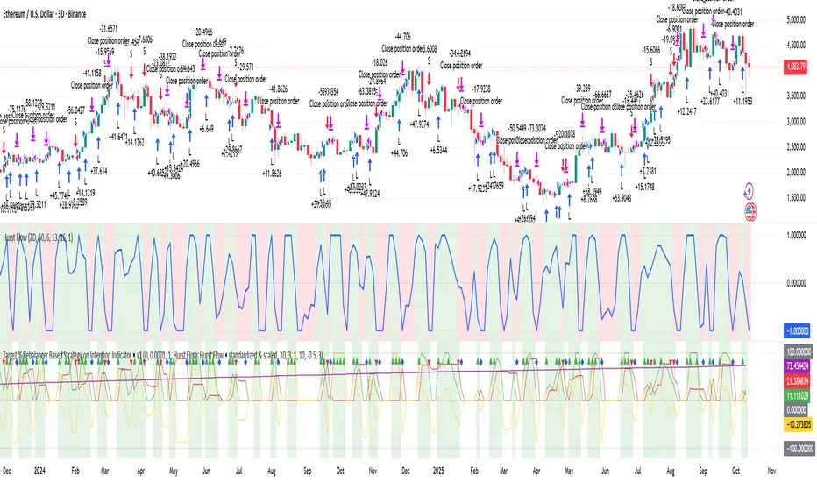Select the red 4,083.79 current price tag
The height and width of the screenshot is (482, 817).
783,67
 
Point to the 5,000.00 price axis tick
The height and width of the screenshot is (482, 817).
784,19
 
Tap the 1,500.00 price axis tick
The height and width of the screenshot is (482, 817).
784,197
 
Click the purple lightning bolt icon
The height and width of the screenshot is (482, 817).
750,190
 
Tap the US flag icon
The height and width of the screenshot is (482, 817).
750,209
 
